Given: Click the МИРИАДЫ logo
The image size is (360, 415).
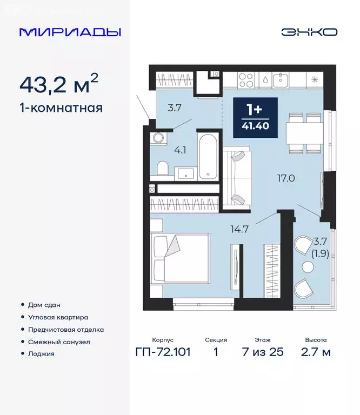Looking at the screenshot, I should [x=70, y=32].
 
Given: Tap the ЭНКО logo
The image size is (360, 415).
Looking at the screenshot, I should [x=309, y=32].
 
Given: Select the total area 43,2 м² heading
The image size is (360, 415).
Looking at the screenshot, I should [x=59, y=84].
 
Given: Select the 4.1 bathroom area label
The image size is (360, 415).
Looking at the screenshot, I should [x=179, y=151].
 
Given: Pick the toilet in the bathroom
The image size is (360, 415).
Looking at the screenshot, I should [x=162, y=170].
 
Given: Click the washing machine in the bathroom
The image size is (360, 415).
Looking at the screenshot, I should [x=158, y=138].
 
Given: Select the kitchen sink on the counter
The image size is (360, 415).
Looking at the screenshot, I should [x=281, y=80].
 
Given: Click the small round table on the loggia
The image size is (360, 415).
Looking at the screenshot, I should [x=308, y=267].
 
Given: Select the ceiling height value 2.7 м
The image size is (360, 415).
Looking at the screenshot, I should [x=316, y=353].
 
